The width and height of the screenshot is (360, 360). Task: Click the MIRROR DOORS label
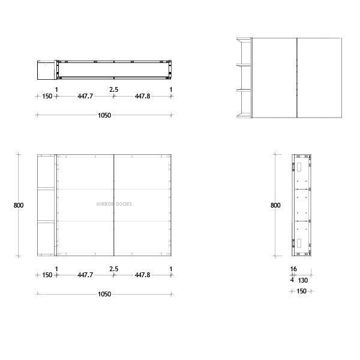[114, 204]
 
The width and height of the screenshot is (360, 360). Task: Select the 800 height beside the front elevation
[19, 205]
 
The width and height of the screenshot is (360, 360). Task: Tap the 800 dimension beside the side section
[275, 205]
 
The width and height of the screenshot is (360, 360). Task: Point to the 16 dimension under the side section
[293, 269]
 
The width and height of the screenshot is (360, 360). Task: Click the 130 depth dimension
[303, 279]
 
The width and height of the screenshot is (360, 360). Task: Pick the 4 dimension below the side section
[292, 279]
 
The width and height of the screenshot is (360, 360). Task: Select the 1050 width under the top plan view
[104, 115]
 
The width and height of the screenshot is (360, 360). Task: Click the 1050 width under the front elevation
[104, 294]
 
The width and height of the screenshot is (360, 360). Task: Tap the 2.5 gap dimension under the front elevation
[113, 269]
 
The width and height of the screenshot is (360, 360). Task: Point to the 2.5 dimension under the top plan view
[113, 89]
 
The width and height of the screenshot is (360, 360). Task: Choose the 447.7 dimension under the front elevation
[85, 275]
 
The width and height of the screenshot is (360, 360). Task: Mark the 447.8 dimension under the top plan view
[142, 97]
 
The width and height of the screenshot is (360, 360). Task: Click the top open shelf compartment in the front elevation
[46, 172]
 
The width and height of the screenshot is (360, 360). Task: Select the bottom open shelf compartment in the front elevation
[46, 238]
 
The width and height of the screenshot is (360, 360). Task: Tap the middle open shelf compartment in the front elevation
[46, 205]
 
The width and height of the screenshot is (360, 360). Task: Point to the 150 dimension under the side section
[301, 291]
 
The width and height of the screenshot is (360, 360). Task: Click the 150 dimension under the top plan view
[47, 97]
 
